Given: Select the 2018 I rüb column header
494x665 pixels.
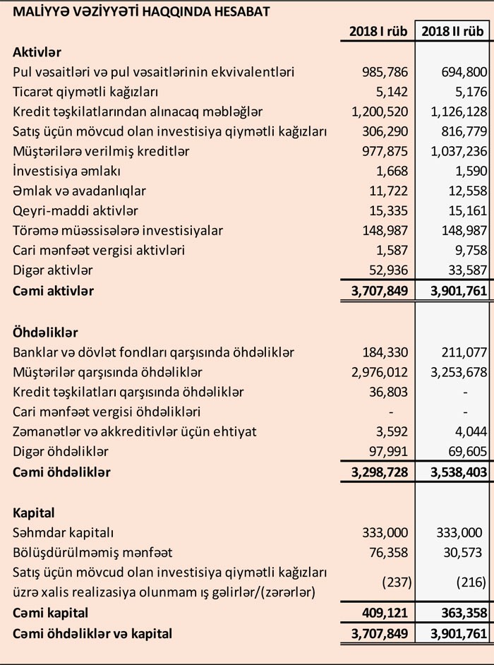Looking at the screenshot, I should [x=378, y=31].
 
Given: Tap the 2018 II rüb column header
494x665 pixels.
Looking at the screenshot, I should [x=453, y=31].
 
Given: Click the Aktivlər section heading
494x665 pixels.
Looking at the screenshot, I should [x=37, y=52].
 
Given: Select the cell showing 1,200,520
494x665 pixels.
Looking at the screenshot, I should [x=380, y=112].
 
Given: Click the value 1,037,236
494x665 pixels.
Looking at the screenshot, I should [x=455, y=151].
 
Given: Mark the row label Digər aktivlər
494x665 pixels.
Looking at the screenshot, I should [x=53, y=270].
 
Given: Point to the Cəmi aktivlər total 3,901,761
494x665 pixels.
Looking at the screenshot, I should [x=452, y=290].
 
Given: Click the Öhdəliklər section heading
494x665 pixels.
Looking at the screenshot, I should [x=45, y=332].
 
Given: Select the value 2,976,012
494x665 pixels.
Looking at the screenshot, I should [x=380, y=371].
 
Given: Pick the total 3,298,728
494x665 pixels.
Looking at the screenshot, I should [x=378, y=471].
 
